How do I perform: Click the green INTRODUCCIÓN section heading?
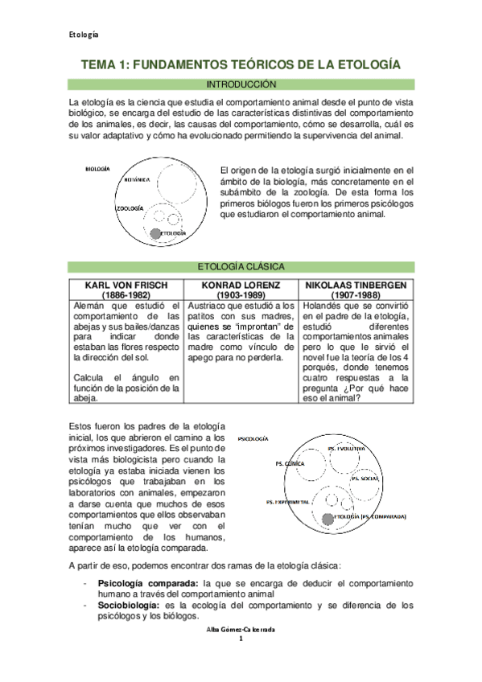click(x=241, y=84)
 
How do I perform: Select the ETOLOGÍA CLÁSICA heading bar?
click(x=241, y=267)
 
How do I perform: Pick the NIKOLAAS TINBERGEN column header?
click(x=354, y=285)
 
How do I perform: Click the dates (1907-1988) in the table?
click(x=354, y=295)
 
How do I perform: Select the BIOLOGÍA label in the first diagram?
click(x=97, y=169)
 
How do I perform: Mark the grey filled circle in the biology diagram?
click(x=154, y=233)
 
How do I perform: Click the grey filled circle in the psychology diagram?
click(x=327, y=516)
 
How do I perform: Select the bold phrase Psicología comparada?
click(x=149, y=582)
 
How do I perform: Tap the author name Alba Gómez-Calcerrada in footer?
click(x=241, y=654)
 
